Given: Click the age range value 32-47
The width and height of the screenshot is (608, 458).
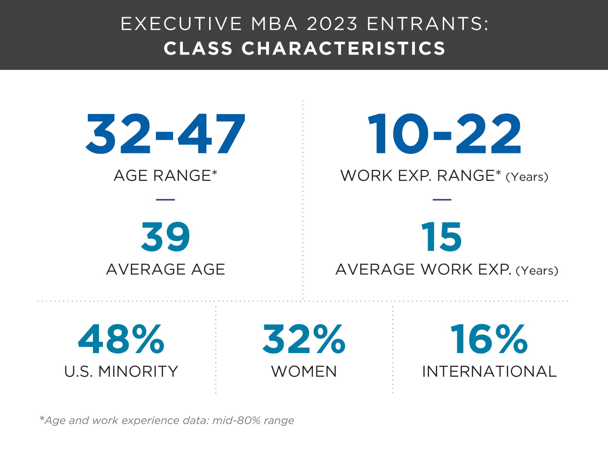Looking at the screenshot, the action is click(165, 133).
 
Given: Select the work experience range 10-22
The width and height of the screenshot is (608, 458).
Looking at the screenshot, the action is click(444, 133).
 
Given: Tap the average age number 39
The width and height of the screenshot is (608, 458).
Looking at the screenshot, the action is click(165, 237).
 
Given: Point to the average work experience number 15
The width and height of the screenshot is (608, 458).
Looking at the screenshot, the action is click(441, 237).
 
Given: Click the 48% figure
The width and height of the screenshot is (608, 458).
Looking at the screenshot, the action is click(121, 339).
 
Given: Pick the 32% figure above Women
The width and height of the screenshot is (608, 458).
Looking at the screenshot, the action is click(304, 339).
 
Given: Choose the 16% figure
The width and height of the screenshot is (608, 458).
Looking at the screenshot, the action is click(489, 339).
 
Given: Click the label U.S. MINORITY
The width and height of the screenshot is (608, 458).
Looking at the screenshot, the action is click(121, 372).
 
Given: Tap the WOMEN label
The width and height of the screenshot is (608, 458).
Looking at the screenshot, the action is click(304, 372).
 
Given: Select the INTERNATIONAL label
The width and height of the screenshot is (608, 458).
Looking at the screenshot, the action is click(489, 372).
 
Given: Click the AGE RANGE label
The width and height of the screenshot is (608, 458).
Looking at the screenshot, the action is click(165, 175).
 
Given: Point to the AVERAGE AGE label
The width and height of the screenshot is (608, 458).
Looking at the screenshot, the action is click(165, 269).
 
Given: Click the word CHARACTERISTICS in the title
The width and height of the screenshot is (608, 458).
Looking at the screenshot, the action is click(343, 49).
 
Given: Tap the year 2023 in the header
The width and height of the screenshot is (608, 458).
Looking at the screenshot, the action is click(332, 24).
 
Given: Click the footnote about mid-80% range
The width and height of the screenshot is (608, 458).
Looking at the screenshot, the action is click(167, 420).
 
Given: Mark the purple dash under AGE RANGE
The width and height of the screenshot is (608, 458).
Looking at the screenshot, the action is click(165, 200).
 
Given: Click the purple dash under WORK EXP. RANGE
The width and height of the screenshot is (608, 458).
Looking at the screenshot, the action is click(442, 200).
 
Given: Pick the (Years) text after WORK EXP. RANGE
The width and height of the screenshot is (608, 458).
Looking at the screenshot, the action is click(527, 177).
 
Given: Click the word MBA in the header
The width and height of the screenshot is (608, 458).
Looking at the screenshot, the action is click(274, 24).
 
